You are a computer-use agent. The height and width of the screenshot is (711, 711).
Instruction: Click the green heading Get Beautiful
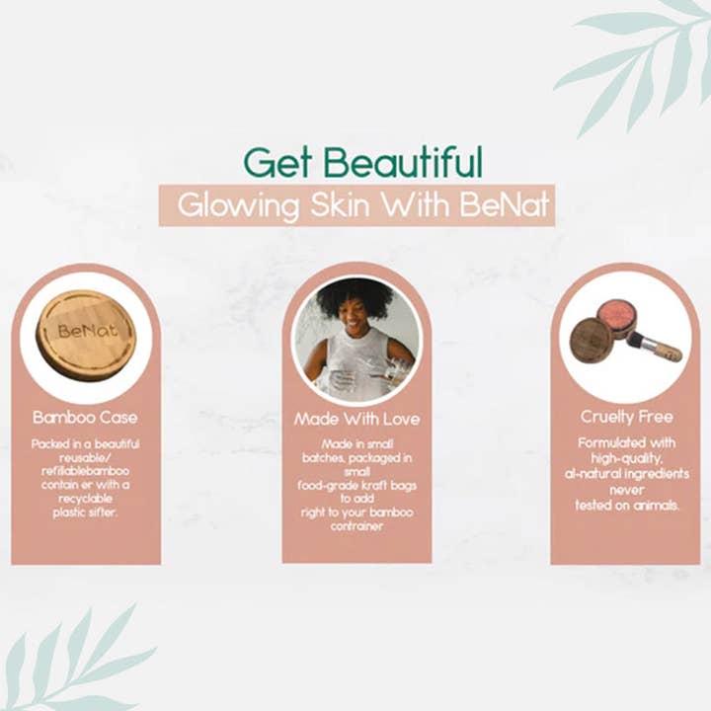coord(362,162)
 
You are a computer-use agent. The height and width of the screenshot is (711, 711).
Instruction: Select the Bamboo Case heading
coord(85,417)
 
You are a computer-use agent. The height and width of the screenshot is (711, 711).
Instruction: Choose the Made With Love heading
coord(356,419)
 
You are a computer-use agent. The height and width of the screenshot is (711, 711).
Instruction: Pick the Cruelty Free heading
coord(627,417)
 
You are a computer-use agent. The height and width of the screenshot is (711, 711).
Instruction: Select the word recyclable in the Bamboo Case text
coord(86,500)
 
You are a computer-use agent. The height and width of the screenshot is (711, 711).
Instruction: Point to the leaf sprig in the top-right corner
coord(642,59)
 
